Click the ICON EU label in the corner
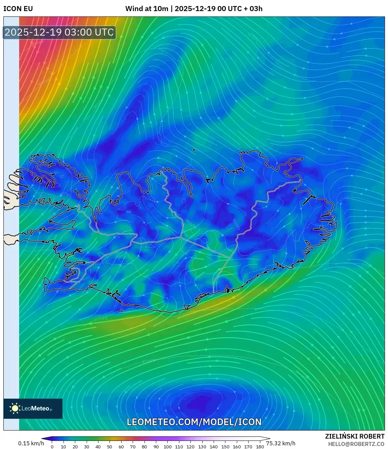coord(18,8)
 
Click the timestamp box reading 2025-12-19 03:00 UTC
coord(59,33)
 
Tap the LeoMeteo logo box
coord(33,408)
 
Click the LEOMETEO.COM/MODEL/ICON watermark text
coord(194,422)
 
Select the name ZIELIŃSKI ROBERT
coord(355,436)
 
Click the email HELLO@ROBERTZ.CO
coord(356,444)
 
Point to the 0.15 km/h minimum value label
coord(31,443)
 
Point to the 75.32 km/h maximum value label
coord(281,443)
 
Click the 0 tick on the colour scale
coord(52,447)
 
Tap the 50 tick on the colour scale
coord(110,447)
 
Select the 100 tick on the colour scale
coord(167,447)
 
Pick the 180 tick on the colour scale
coord(260,447)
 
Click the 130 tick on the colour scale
coord(202,447)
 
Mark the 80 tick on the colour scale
coord(144,447)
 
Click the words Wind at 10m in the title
coord(146,8)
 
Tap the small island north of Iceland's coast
coord(194,150)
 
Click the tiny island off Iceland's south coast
coord(122,311)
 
